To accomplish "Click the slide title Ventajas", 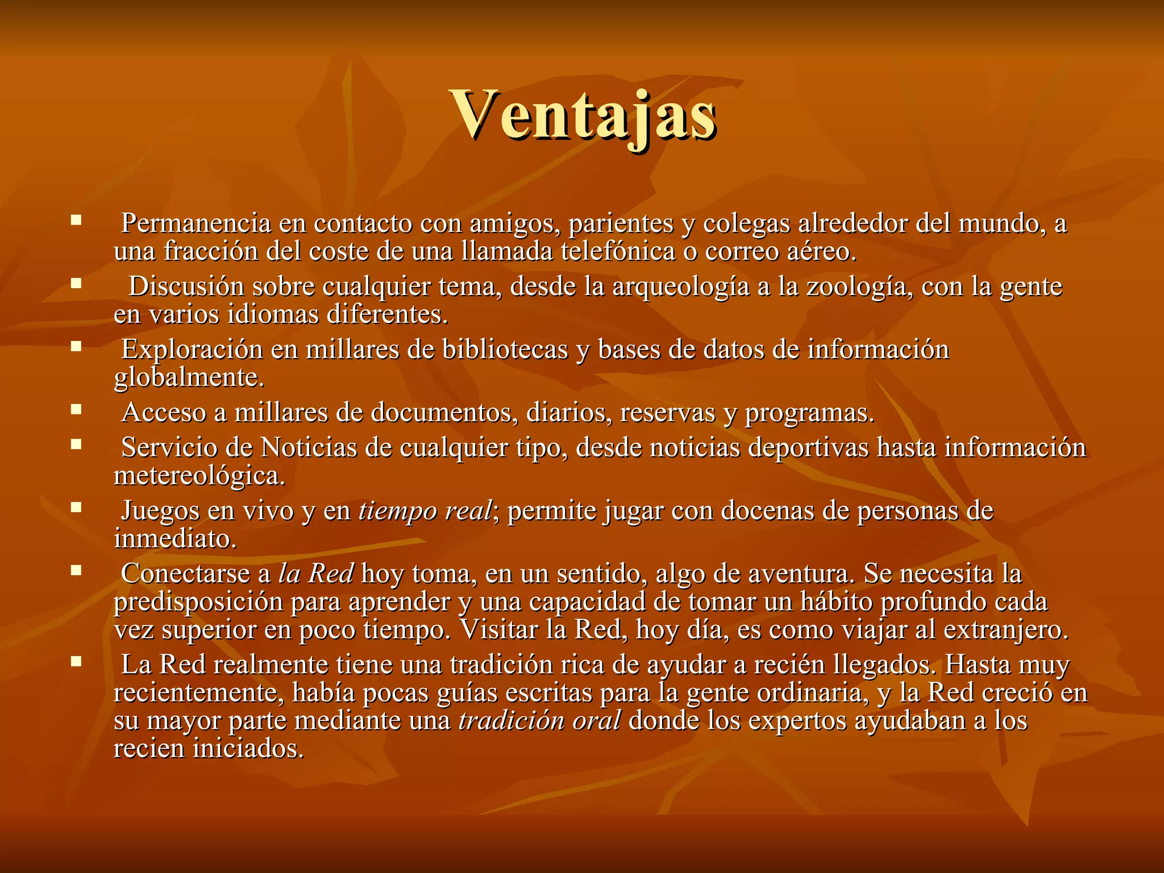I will point(583,117).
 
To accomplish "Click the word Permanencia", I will point(196,223).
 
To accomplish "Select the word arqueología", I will point(681,286).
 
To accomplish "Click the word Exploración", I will point(192,350).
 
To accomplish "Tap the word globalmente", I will point(189,377).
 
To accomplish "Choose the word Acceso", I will point(164,413).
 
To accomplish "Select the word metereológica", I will point(199,476).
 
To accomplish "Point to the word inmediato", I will point(175,539).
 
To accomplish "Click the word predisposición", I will point(198,602).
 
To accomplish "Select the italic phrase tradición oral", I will point(539,721).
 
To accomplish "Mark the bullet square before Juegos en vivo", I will point(76,506).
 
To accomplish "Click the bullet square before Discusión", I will point(76,282).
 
